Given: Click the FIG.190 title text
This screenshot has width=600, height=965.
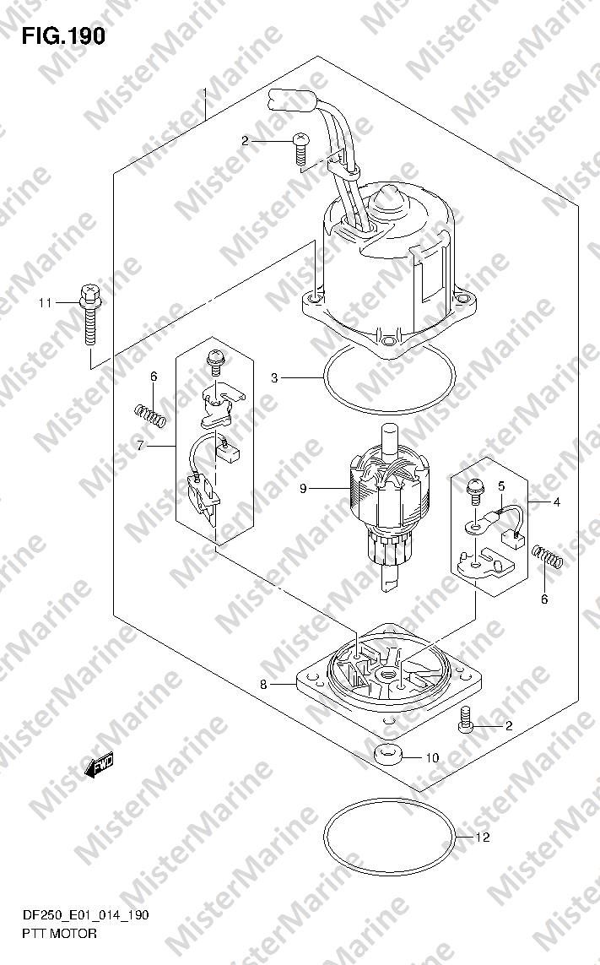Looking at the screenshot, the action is tap(63, 36).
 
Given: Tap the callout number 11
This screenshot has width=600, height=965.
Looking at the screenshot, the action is tap(45, 303).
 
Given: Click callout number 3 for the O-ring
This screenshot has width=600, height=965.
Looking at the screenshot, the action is tap(274, 378).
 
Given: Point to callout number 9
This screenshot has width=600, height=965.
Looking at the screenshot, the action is tap(303, 489).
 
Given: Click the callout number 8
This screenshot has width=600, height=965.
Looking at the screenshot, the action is tap(263, 684).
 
